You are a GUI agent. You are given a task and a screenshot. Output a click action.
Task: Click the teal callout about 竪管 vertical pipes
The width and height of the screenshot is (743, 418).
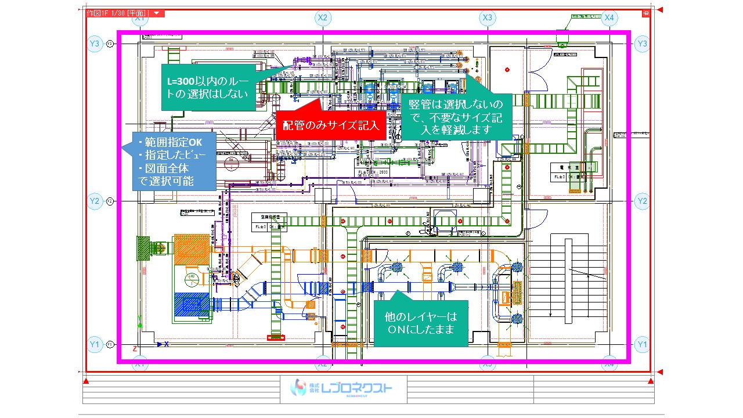456,117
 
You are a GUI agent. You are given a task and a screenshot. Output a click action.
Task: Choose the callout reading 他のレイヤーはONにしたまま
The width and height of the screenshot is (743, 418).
421,323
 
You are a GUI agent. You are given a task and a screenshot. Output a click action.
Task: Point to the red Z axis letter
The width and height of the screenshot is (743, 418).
135,349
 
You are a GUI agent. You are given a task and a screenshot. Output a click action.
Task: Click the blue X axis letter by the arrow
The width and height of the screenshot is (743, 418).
167,344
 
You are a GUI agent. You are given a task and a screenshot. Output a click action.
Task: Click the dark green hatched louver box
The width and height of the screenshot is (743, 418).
143,248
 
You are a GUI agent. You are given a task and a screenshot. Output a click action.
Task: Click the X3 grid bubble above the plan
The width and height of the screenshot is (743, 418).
488,18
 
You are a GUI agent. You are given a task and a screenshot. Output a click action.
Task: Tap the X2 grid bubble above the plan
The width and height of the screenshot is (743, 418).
323,18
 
